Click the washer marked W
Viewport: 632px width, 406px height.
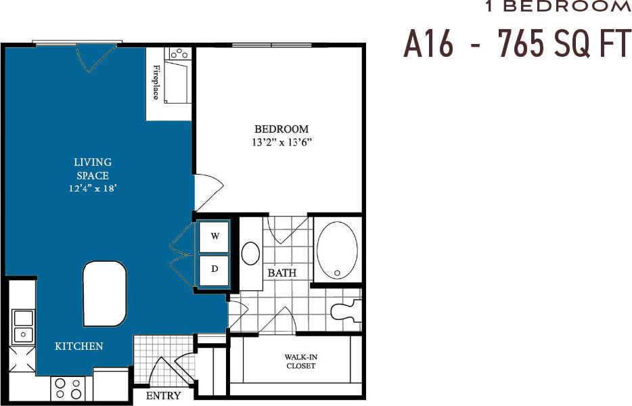coord(215,236)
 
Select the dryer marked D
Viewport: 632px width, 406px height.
coord(215,269)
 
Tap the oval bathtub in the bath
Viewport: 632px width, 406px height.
coord(336,250)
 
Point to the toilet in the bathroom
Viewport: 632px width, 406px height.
coord(346,311)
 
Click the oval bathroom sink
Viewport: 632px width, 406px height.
coord(251,254)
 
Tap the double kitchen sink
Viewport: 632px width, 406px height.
coord(22,326)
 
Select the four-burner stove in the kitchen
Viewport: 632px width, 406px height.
coord(68,388)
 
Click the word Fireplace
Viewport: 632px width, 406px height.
coord(156,82)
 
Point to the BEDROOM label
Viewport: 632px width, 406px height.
coord(281,129)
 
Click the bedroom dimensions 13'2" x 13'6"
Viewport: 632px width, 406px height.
coord(281,143)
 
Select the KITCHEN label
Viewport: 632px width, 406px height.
coord(79,346)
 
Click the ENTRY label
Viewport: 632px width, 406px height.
coord(164,395)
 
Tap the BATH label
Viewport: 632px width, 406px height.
coord(281,273)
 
